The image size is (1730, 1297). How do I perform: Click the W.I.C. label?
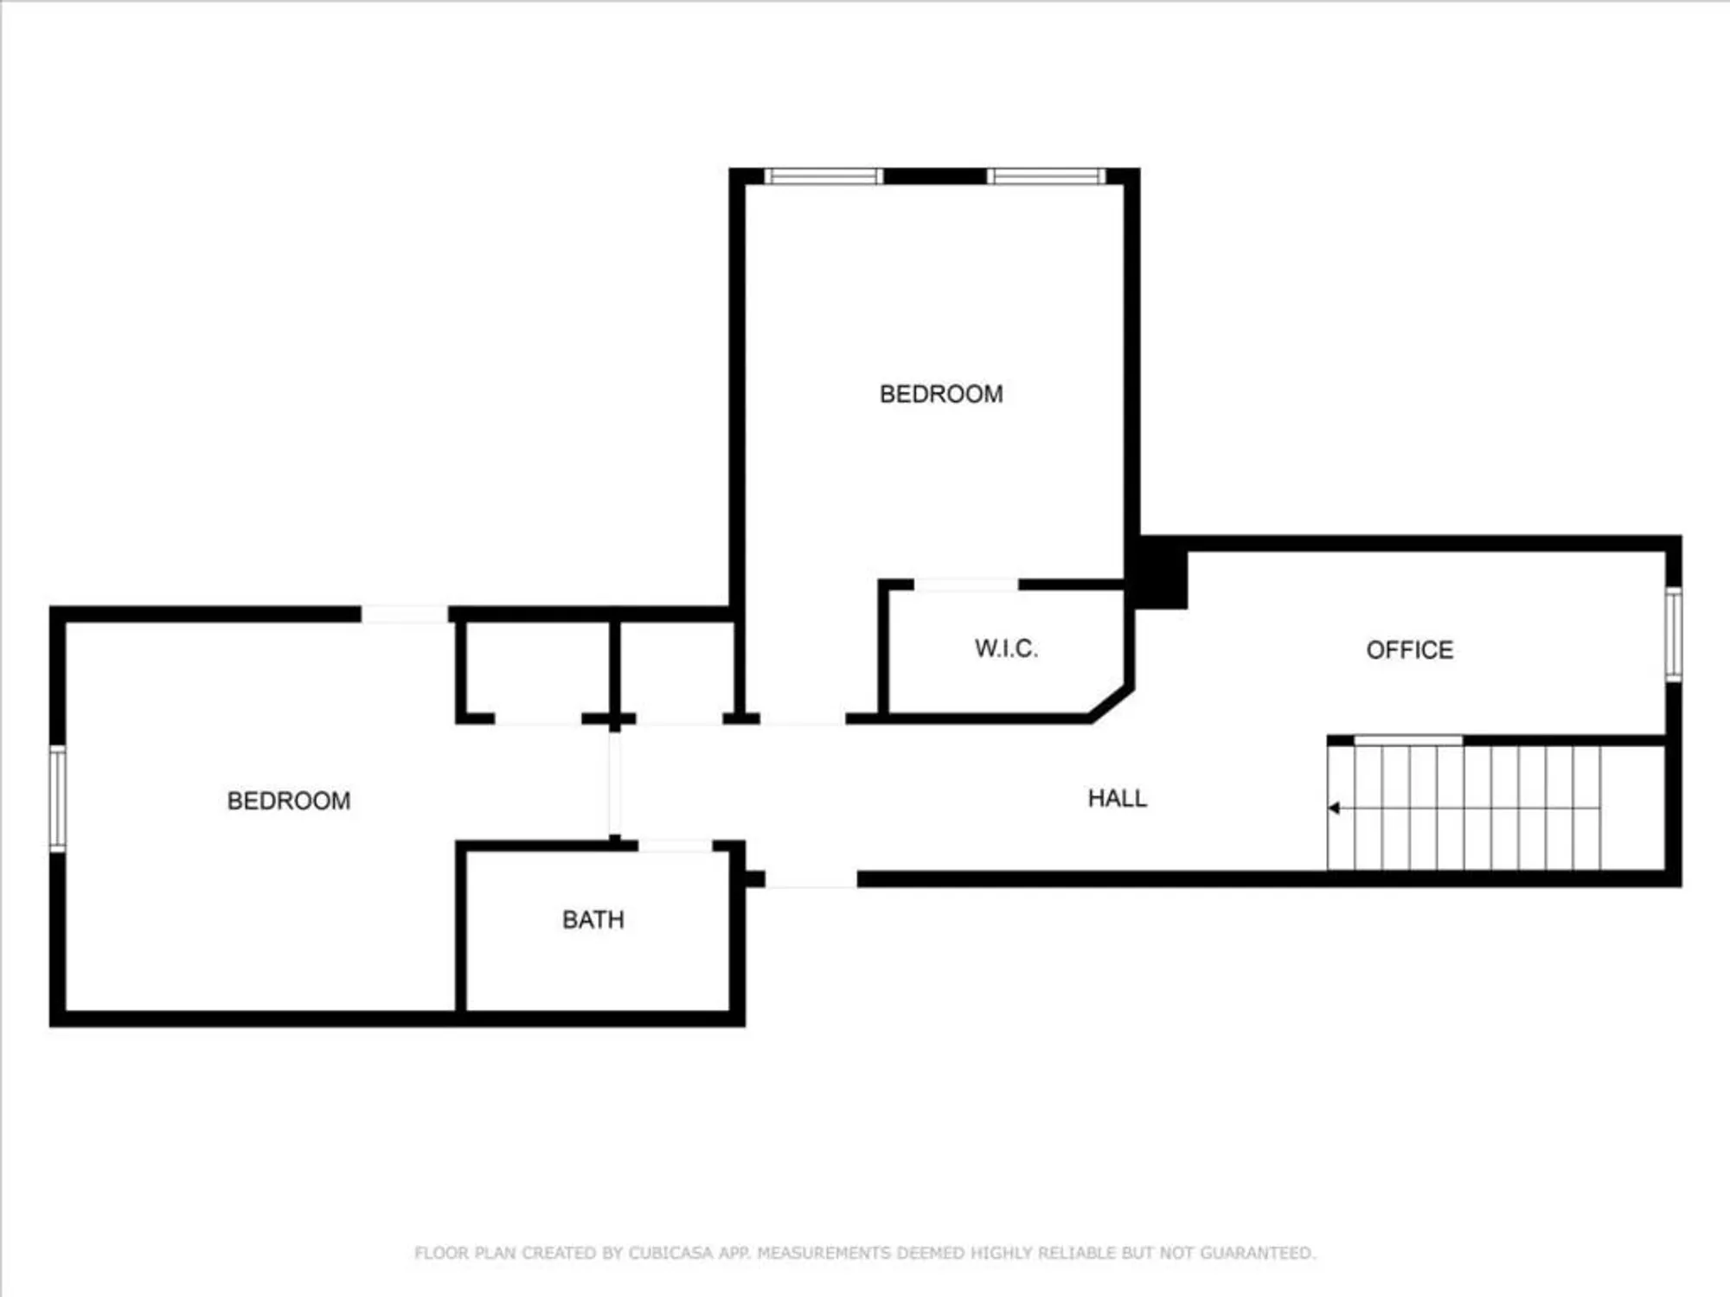[x=1006, y=648]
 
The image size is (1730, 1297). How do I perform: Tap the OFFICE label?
[x=1409, y=650]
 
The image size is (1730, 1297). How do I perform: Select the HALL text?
[x=1117, y=798]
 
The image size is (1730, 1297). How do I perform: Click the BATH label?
[x=593, y=919]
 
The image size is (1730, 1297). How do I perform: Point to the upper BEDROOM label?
[x=941, y=394]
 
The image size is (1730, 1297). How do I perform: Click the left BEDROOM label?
[x=289, y=801]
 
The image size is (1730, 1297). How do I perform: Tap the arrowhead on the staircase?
[x=1334, y=808]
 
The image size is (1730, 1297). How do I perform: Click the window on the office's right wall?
[x=1674, y=634]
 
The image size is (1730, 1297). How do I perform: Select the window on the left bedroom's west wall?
[x=57, y=798]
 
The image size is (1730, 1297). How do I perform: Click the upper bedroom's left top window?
[x=823, y=176]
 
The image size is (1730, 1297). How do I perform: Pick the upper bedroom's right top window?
[x=1047, y=176]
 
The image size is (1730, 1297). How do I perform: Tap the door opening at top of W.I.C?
[x=965, y=585]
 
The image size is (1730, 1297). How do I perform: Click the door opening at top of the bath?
[x=675, y=846]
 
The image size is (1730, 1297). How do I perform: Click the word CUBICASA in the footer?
[x=671, y=1253]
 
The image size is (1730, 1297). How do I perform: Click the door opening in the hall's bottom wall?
[x=811, y=879]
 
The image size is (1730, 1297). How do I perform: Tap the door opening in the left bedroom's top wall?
[x=404, y=614]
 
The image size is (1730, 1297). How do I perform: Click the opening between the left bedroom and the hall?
[x=614, y=783]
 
